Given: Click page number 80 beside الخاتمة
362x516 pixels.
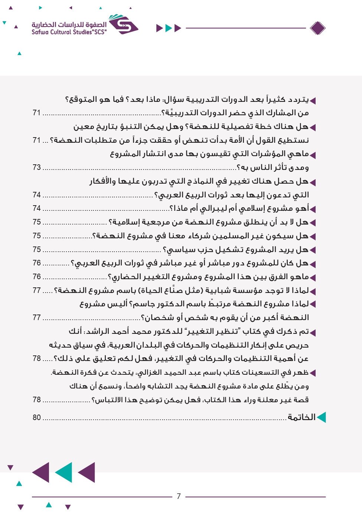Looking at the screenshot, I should tap(36, 417).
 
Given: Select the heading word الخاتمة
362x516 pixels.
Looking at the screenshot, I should tap(301, 417).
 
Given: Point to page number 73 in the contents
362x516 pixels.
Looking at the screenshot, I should tap(36, 167).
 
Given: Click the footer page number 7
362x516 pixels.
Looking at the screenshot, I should tap(179, 496).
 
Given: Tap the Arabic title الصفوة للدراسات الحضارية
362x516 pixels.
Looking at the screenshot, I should tap(69, 25).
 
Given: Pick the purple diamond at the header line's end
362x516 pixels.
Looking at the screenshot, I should tap(317, 28).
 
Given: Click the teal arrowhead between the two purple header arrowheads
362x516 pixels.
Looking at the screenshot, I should tap(169, 28).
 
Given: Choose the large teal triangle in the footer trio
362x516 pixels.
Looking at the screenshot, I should tap(63, 473).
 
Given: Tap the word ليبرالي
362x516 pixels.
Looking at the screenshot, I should tap(212, 209).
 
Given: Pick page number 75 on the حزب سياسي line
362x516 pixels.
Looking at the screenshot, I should tap(36, 249).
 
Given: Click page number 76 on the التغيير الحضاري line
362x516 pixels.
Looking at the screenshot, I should tap(36, 277).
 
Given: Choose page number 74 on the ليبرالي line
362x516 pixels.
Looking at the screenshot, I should tap(36, 208).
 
